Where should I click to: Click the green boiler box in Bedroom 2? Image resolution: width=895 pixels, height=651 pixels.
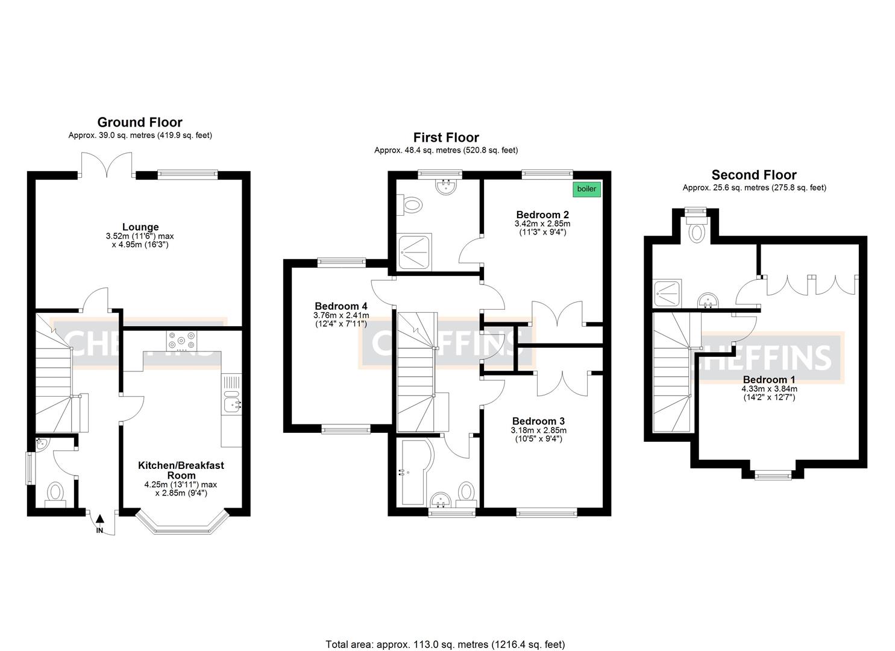[586, 189]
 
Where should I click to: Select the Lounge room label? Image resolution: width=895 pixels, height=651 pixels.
[140, 227]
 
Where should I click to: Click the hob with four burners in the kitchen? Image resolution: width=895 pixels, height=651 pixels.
[182, 341]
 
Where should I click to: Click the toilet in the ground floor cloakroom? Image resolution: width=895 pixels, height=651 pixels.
[55, 492]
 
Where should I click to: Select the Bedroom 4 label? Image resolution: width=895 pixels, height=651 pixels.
[341, 306]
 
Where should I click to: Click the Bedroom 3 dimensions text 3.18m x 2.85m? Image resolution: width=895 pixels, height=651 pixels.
[538, 430]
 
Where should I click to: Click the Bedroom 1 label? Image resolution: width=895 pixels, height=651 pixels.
[768, 379]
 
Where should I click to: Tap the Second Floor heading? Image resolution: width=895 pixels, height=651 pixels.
[753, 175]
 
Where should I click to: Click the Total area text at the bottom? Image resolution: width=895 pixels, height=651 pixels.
[445, 644]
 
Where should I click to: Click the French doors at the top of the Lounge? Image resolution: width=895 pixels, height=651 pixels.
[107, 164]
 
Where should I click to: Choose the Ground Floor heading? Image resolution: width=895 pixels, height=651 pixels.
[140, 122]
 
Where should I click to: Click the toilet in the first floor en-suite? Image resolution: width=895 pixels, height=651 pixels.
[412, 205]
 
